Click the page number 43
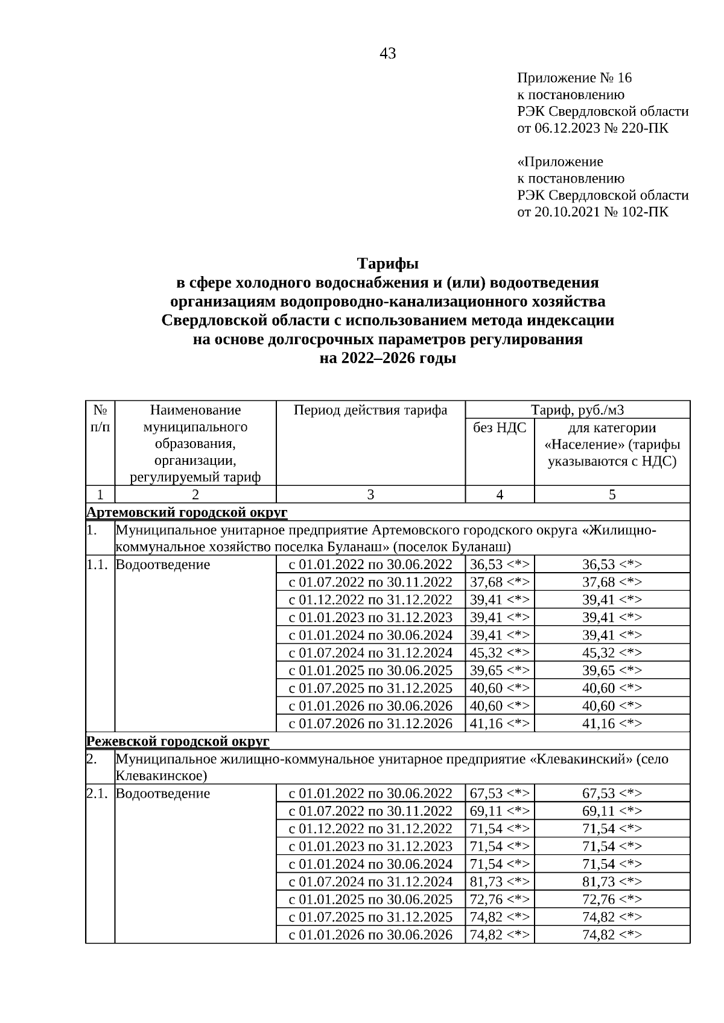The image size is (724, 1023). tap(387, 54)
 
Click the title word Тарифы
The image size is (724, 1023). tap(387, 264)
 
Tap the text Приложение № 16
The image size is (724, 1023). tap(574, 78)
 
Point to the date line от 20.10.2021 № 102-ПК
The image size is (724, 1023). tap(592, 212)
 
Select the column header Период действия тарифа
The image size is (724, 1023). tap(370, 411)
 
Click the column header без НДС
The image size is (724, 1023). tap(500, 428)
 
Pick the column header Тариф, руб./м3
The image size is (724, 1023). tap(577, 411)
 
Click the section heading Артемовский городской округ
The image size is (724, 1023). tap(187, 512)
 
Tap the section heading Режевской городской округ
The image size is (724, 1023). tap(178, 741)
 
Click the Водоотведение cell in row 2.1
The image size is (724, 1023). tap(163, 793)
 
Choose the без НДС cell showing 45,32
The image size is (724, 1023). tap(500, 653)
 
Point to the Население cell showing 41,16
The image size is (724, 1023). tap(612, 723)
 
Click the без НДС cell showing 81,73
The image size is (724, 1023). tap(500, 881)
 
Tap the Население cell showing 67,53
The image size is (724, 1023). tap(612, 793)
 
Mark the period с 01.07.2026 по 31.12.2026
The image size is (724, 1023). tap(370, 723)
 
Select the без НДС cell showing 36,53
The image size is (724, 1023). tap(500, 565)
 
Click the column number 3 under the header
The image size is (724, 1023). tap(370, 495)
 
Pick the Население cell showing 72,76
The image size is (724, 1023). tap(612, 899)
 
